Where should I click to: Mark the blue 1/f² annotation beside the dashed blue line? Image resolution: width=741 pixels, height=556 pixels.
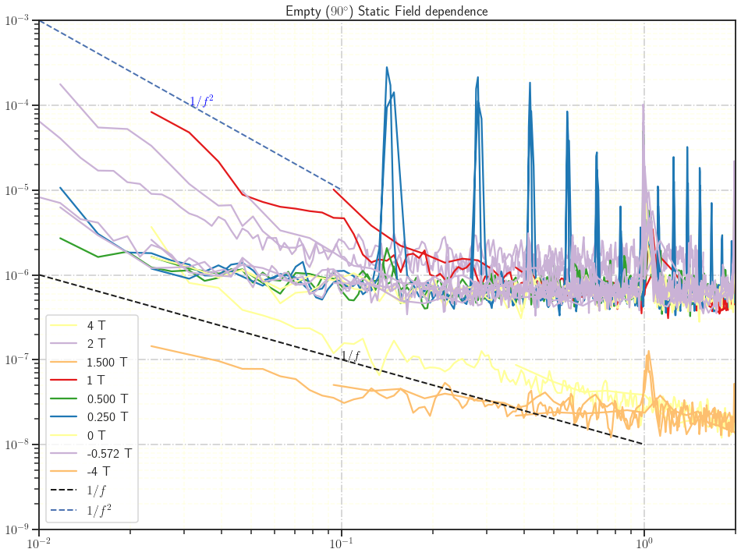click(x=201, y=101)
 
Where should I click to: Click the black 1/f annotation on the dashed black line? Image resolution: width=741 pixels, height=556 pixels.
click(x=350, y=356)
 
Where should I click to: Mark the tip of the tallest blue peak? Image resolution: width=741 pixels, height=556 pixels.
click(x=387, y=67)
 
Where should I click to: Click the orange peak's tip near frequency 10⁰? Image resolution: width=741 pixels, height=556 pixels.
click(x=648, y=352)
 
